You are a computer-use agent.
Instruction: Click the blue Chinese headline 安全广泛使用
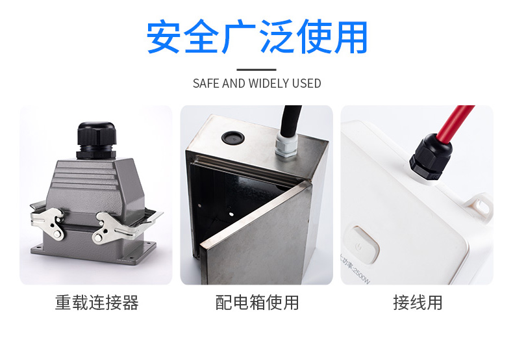(x=257, y=36)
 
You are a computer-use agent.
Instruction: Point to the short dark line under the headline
(x=256, y=70)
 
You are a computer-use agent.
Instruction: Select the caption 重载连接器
(x=97, y=302)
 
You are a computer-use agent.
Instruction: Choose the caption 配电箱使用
(x=257, y=302)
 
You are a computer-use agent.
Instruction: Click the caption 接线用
(x=418, y=302)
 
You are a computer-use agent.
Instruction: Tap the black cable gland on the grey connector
(x=97, y=140)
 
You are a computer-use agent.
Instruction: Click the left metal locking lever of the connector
(x=49, y=224)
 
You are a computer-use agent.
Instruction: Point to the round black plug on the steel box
(x=233, y=138)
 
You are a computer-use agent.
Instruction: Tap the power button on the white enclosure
(x=362, y=244)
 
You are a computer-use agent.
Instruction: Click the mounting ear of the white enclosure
(x=481, y=207)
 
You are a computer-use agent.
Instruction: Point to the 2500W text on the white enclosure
(x=360, y=275)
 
